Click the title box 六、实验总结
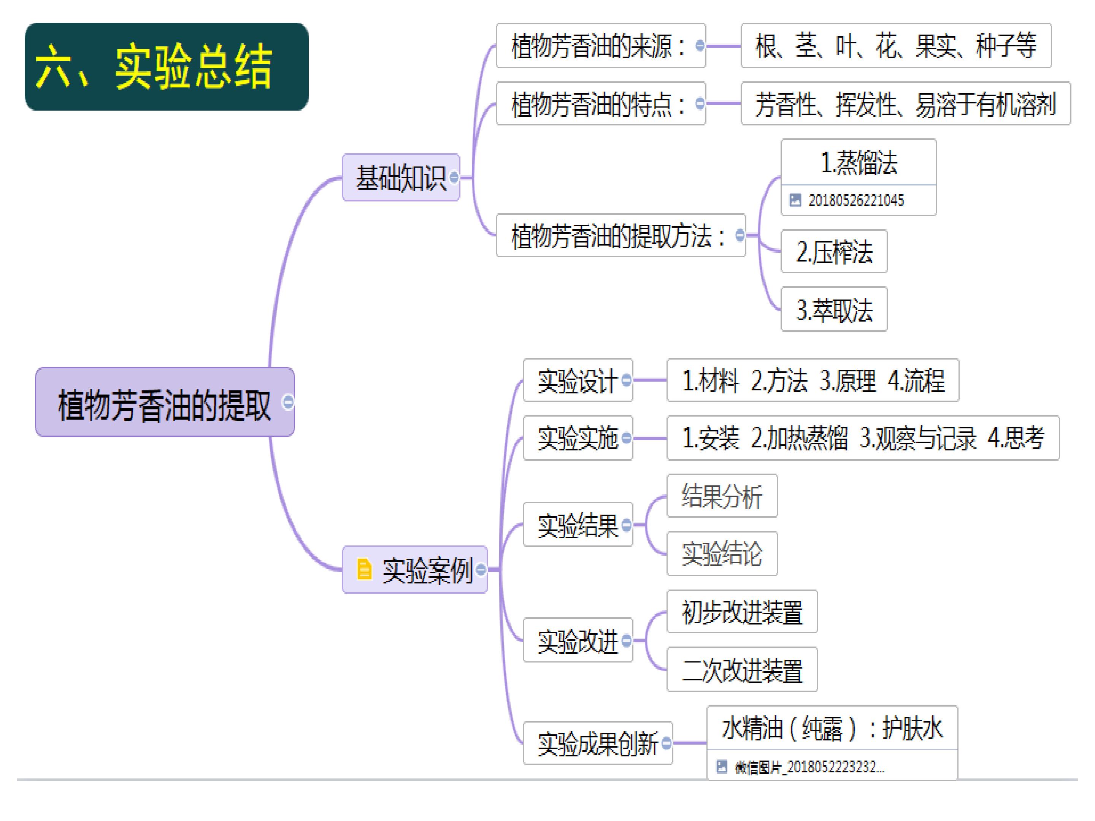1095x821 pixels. tap(166, 66)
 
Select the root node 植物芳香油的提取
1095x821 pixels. tap(165, 402)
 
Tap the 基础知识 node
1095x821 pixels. tap(401, 177)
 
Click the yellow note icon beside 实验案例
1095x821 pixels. tap(364, 569)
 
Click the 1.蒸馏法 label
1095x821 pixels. tap(859, 162)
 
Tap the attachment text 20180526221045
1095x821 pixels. tap(856, 200)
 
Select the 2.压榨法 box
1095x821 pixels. tap(834, 251)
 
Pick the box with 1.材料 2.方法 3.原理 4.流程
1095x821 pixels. tap(813, 380)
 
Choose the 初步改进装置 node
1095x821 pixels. tap(742, 612)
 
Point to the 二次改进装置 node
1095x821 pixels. tap(742, 669)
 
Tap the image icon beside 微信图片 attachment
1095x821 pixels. tap(722, 767)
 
